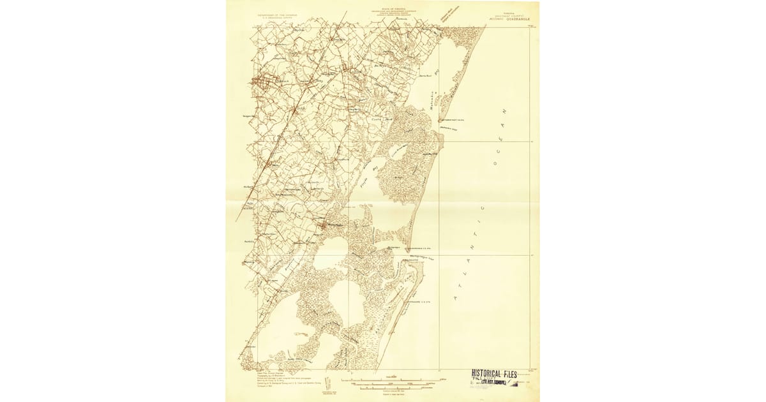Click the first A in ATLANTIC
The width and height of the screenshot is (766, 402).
click(457, 298)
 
